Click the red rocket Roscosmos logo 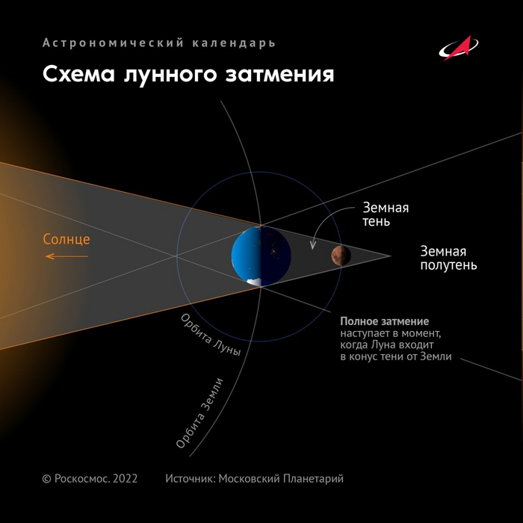pyautogui.click(x=458, y=48)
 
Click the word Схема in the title pyautogui.click(x=78, y=74)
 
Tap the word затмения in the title pyautogui.click(x=279, y=74)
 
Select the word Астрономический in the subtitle pyautogui.click(x=113, y=43)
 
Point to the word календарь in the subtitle pyautogui.click(x=234, y=43)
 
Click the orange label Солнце pyautogui.click(x=66, y=240)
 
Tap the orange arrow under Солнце pyautogui.click(x=66, y=256)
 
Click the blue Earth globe pyautogui.click(x=261, y=256)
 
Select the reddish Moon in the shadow pyautogui.click(x=341, y=256)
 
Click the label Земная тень pyautogui.click(x=386, y=214)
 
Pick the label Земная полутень pyautogui.click(x=448, y=258)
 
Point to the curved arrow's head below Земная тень pyautogui.click(x=313, y=246)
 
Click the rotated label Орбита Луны pyautogui.click(x=211, y=335)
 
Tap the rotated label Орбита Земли pyautogui.click(x=199, y=413)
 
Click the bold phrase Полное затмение pyautogui.click(x=384, y=321)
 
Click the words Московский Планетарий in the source pyautogui.click(x=281, y=479)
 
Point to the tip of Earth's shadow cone pyautogui.click(x=391, y=256)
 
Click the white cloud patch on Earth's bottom pyautogui.click(x=254, y=282)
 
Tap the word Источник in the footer pyautogui.click(x=191, y=479)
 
